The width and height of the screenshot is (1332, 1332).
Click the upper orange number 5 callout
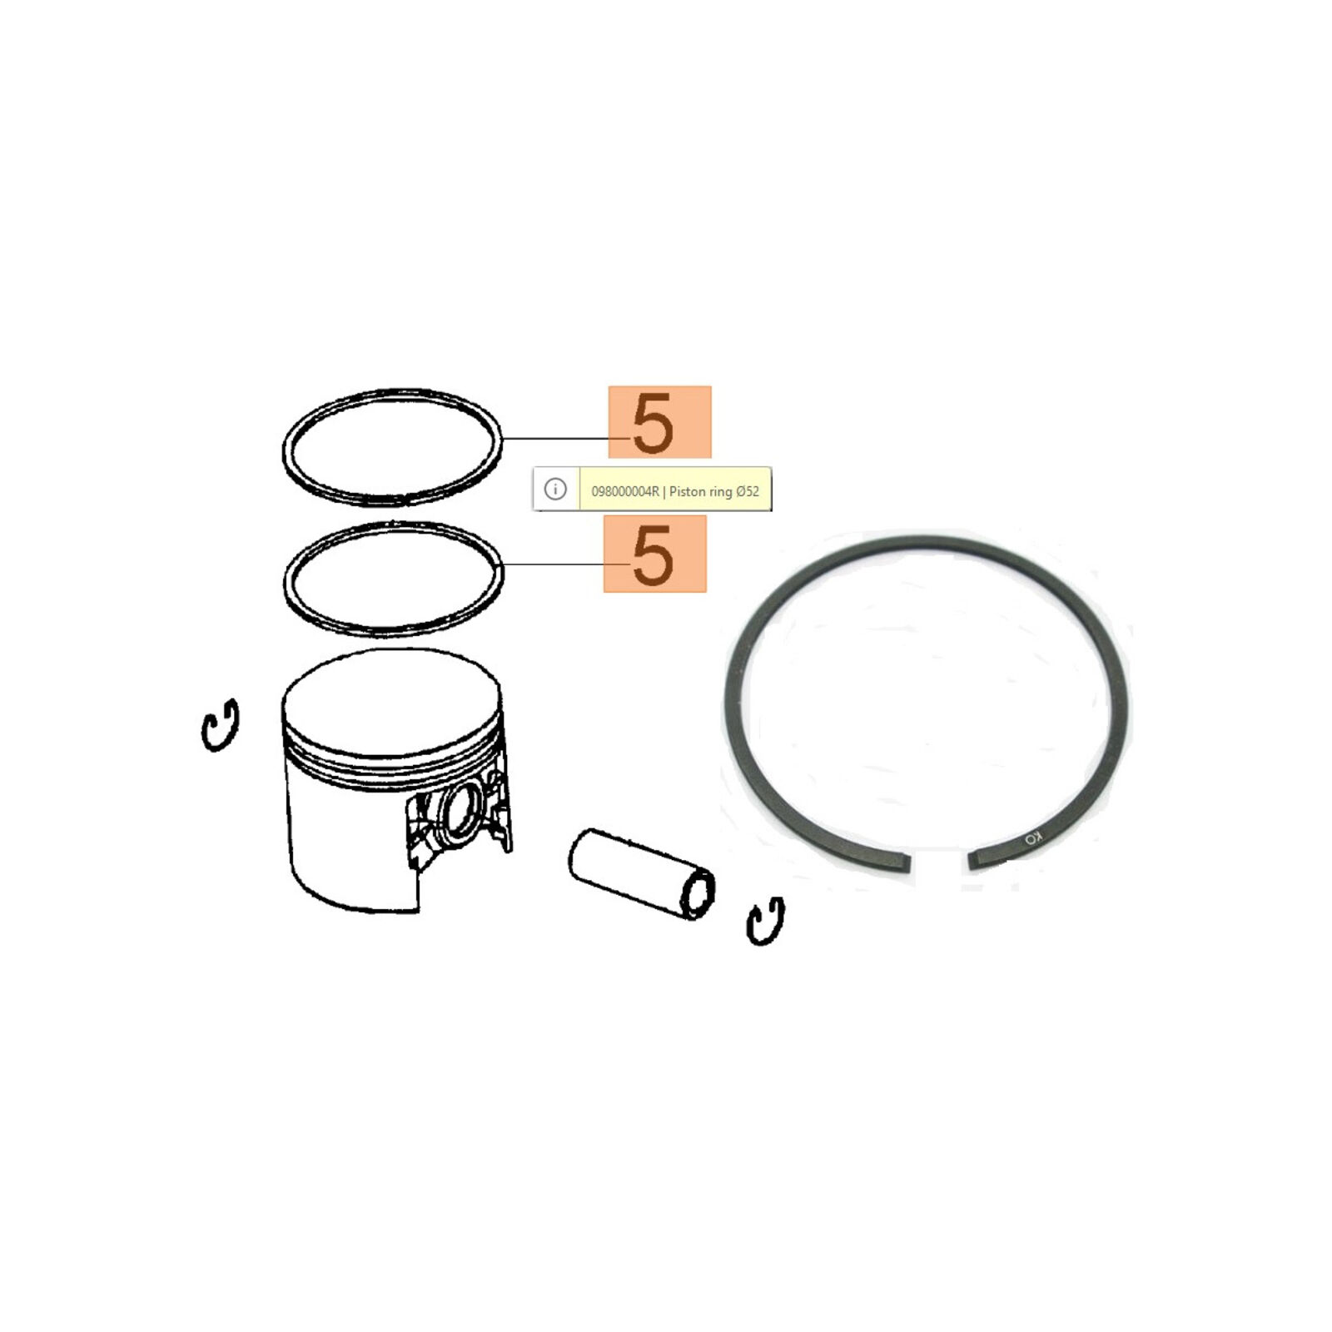659,422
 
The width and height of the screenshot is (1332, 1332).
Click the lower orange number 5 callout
654,554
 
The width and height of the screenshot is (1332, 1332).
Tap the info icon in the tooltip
555,490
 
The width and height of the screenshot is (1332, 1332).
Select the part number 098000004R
624,492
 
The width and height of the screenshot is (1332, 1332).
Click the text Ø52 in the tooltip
748,492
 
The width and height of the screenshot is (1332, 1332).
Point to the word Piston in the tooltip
688,492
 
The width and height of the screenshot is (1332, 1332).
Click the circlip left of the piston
221,725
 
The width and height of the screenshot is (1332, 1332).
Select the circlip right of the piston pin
765,921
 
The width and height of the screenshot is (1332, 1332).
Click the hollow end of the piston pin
698,896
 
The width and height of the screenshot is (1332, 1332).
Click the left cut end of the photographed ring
903,862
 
